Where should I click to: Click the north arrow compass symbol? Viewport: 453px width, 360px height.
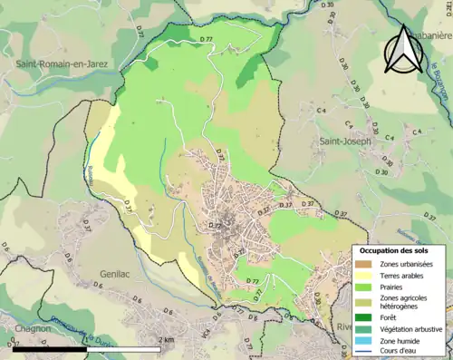tap(404, 49)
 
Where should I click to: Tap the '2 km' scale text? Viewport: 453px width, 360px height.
tap(166, 339)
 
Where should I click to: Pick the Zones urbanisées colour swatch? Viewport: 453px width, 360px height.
tap(365, 264)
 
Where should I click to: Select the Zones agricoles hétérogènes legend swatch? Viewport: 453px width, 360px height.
tap(365, 302)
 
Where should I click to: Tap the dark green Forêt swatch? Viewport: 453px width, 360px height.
tap(365, 318)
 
